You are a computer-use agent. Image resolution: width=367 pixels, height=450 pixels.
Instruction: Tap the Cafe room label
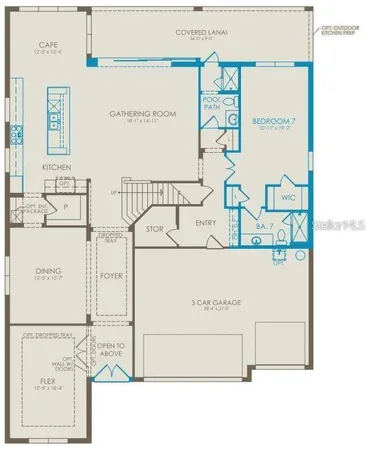tap(46, 46)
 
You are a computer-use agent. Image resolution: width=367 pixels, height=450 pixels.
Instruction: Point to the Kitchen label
tap(56, 167)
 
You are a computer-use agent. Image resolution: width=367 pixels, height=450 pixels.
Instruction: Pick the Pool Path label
tap(212, 102)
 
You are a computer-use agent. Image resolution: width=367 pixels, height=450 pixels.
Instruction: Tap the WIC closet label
tap(288, 198)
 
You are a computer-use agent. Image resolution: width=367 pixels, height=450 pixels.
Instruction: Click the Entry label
tap(207, 222)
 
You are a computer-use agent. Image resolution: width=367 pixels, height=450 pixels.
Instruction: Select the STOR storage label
tap(154, 229)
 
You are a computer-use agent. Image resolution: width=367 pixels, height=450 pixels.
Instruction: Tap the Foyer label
tap(111, 274)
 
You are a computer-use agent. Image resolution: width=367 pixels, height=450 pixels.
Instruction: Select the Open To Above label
tap(110, 349)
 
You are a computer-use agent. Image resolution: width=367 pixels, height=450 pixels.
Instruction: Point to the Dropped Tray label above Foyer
tap(111, 237)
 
